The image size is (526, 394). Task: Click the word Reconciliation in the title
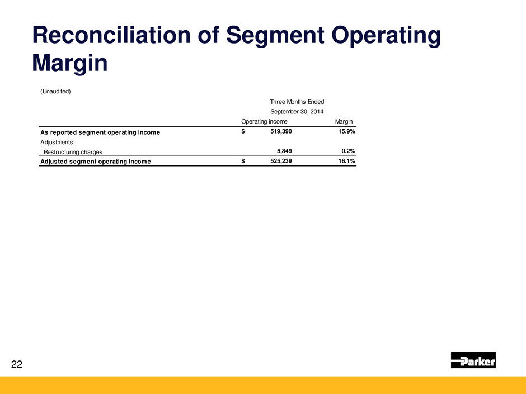pyautogui.click(x=111, y=35)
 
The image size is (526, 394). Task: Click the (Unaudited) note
pyautogui.click(x=56, y=92)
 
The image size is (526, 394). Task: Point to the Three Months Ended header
pyautogui.click(x=297, y=102)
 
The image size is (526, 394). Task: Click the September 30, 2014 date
pyautogui.click(x=297, y=112)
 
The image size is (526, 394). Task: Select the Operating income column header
pyautogui.click(x=264, y=122)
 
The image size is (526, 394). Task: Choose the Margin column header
pyautogui.click(x=344, y=122)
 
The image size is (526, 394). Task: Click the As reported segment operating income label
pyautogui.click(x=100, y=132)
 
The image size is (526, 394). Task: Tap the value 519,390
pyautogui.click(x=281, y=131)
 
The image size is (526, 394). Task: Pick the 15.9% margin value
pyautogui.click(x=346, y=131)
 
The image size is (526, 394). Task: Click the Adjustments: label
pyautogui.click(x=58, y=143)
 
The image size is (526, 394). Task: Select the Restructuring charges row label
pyautogui.click(x=73, y=152)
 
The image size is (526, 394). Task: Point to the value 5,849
pyautogui.click(x=284, y=151)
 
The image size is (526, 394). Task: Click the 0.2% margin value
pyautogui.click(x=348, y=151)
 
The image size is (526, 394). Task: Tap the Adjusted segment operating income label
pyautogui.click(x=96, y=162)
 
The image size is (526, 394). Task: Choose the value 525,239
pyautogui.click(x=281, y=161)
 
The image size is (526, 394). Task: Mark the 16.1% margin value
pyautogui.click(x=346, y=161)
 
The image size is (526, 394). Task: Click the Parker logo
pyautogui.click(x=473, y=360)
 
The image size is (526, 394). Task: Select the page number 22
pyautogui.click(x=17, y=364)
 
